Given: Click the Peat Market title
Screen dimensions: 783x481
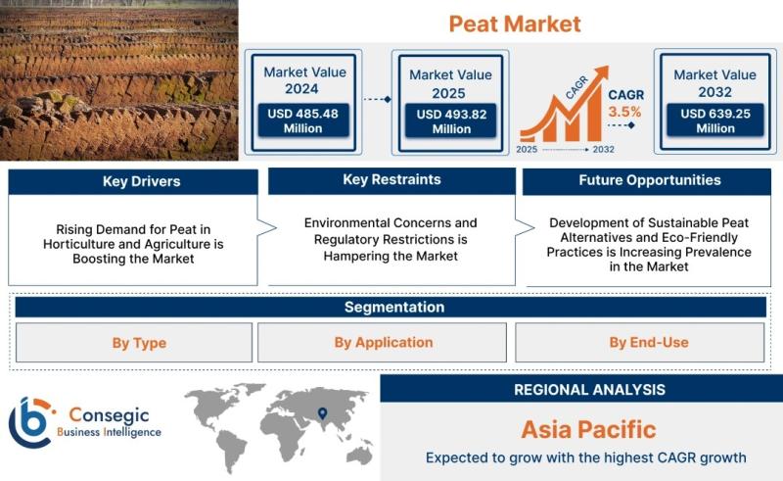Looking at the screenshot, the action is (x=515, y=24).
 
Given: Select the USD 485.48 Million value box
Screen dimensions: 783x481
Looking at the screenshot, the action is (x=303, y=120).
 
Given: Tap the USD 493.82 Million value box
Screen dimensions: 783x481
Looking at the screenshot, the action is (x=451, y=121).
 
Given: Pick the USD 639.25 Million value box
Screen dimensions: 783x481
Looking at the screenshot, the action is (x=715, y=120).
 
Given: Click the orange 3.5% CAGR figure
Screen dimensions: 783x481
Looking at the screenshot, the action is (x=624, y=112).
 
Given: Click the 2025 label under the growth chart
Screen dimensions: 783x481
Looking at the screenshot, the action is (x=527, y=150).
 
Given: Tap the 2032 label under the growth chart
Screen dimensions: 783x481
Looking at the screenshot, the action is (x=603, y=150).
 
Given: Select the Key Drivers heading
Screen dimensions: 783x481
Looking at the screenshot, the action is (x=141, y=181).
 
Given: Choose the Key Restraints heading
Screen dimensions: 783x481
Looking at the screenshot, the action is (x=392, y=179).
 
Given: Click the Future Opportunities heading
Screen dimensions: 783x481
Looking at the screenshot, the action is (x=650, y=180).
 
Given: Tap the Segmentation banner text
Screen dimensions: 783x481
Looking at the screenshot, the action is (x=394, y=307).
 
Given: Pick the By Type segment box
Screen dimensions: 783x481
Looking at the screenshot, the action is (x=134, y=343).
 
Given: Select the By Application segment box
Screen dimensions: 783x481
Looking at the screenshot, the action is (x=382, y=343).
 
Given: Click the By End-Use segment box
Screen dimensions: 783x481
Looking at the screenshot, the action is (x=640, y=343).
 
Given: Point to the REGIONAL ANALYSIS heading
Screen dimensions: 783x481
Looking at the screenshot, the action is (x=590, y=390).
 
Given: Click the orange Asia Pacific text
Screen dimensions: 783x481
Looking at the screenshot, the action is (x=589, y=429).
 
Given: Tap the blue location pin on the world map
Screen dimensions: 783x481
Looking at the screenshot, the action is (x=323, y=413).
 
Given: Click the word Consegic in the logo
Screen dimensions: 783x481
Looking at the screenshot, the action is (x=109, y=414).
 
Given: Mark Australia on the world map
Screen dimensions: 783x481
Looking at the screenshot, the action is (x=359, y=455).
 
